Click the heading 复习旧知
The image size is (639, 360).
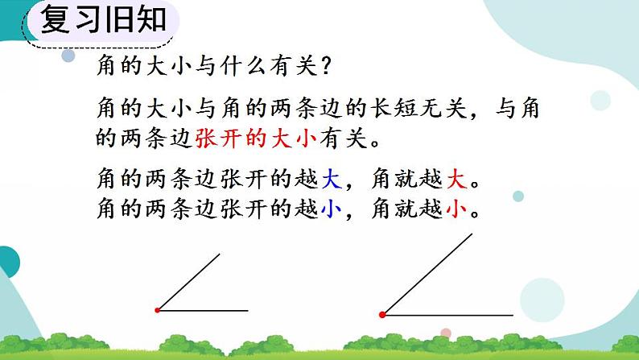[x=103, y=21]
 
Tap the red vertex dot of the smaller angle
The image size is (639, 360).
[x=158, y=309]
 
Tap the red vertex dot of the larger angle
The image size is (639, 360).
[x=381, y=314]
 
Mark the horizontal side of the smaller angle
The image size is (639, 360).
[x=203, y=309]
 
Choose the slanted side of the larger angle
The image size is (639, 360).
[x=427, y=274]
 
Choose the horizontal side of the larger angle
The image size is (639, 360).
[x=447, y=314]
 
